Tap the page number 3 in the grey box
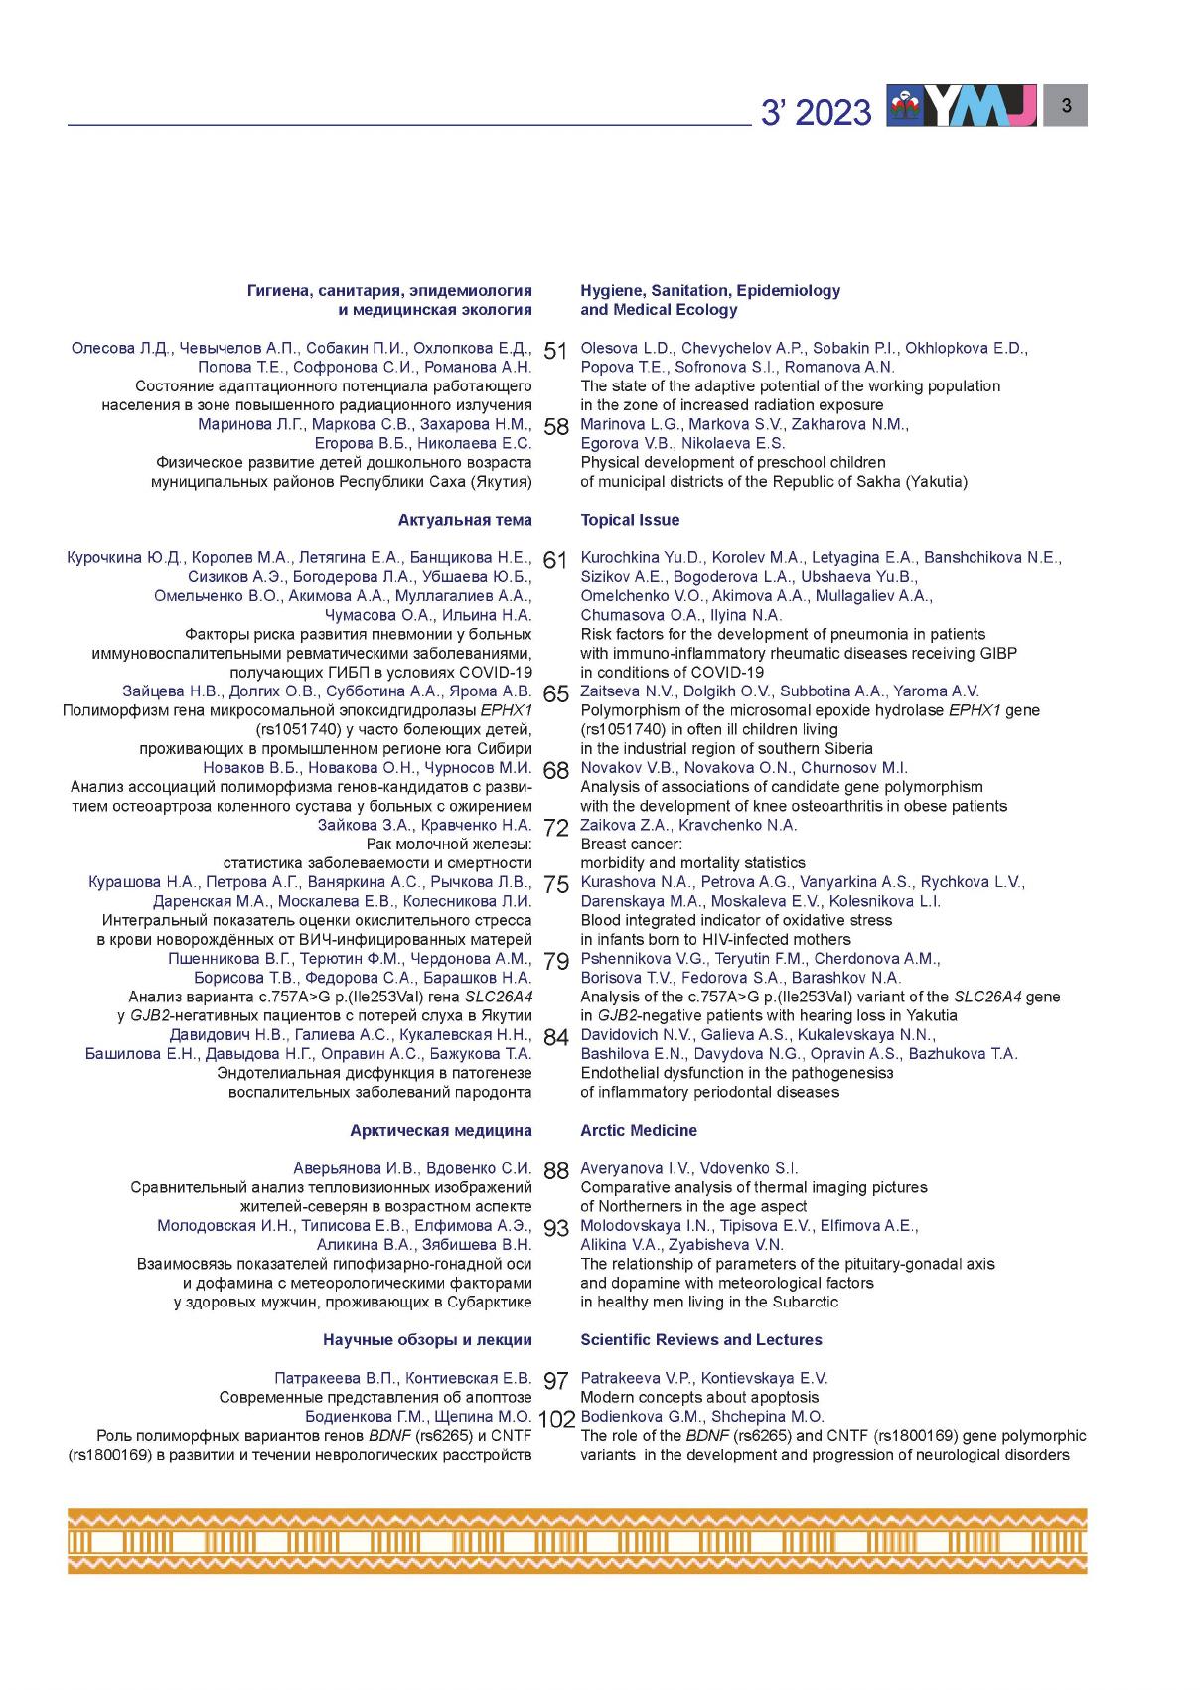[x=1066, y=105]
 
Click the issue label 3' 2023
[x=816, y=113]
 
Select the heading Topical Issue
[x=630, y=520]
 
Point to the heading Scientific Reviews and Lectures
[x=701, y=1339]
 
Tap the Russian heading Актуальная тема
[x=465, y=520]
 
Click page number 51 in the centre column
[x=555, y=351]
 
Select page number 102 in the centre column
[x=556, y=1419]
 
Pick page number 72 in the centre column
[x=555, y=828]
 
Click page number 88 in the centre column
[x=555, y=1171]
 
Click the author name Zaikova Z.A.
[x=626, y=825]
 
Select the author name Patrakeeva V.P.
[x=637, y=1378]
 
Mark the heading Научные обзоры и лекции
[x=427, y=1339]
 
